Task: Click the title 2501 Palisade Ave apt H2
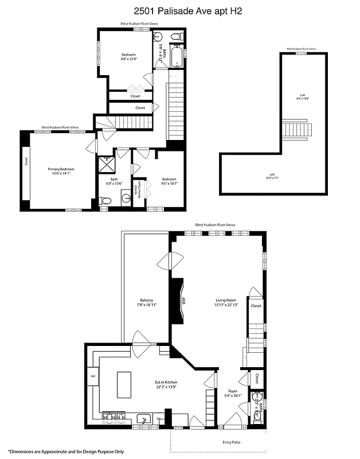click(179, 10)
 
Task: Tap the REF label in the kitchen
click(92, 376)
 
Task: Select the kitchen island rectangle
click(124, 384)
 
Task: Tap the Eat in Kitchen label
click(167, 384)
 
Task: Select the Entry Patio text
click(232, 442)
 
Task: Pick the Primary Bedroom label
click(61, 171)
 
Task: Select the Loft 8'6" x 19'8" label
click(303, 97)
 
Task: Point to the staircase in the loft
click(296, 129)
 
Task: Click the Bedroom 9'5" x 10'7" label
click(169, 181)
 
